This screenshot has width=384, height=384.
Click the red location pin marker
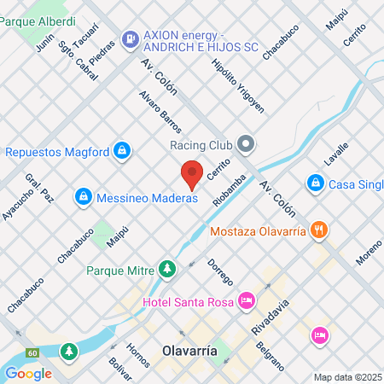point(192,174)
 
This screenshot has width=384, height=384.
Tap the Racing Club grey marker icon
point(247,144)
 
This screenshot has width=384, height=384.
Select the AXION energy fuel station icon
point(131,38)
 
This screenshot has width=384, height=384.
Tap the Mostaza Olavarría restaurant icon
point(318,229)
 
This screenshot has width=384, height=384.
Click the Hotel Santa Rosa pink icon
point(247,300)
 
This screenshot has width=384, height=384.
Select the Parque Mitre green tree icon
point(167,271)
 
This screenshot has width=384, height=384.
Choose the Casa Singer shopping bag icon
point(315,183)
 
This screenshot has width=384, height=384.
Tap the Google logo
point(28,373)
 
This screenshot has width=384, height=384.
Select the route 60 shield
point(32,352)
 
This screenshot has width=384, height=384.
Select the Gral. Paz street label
point(39,189)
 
